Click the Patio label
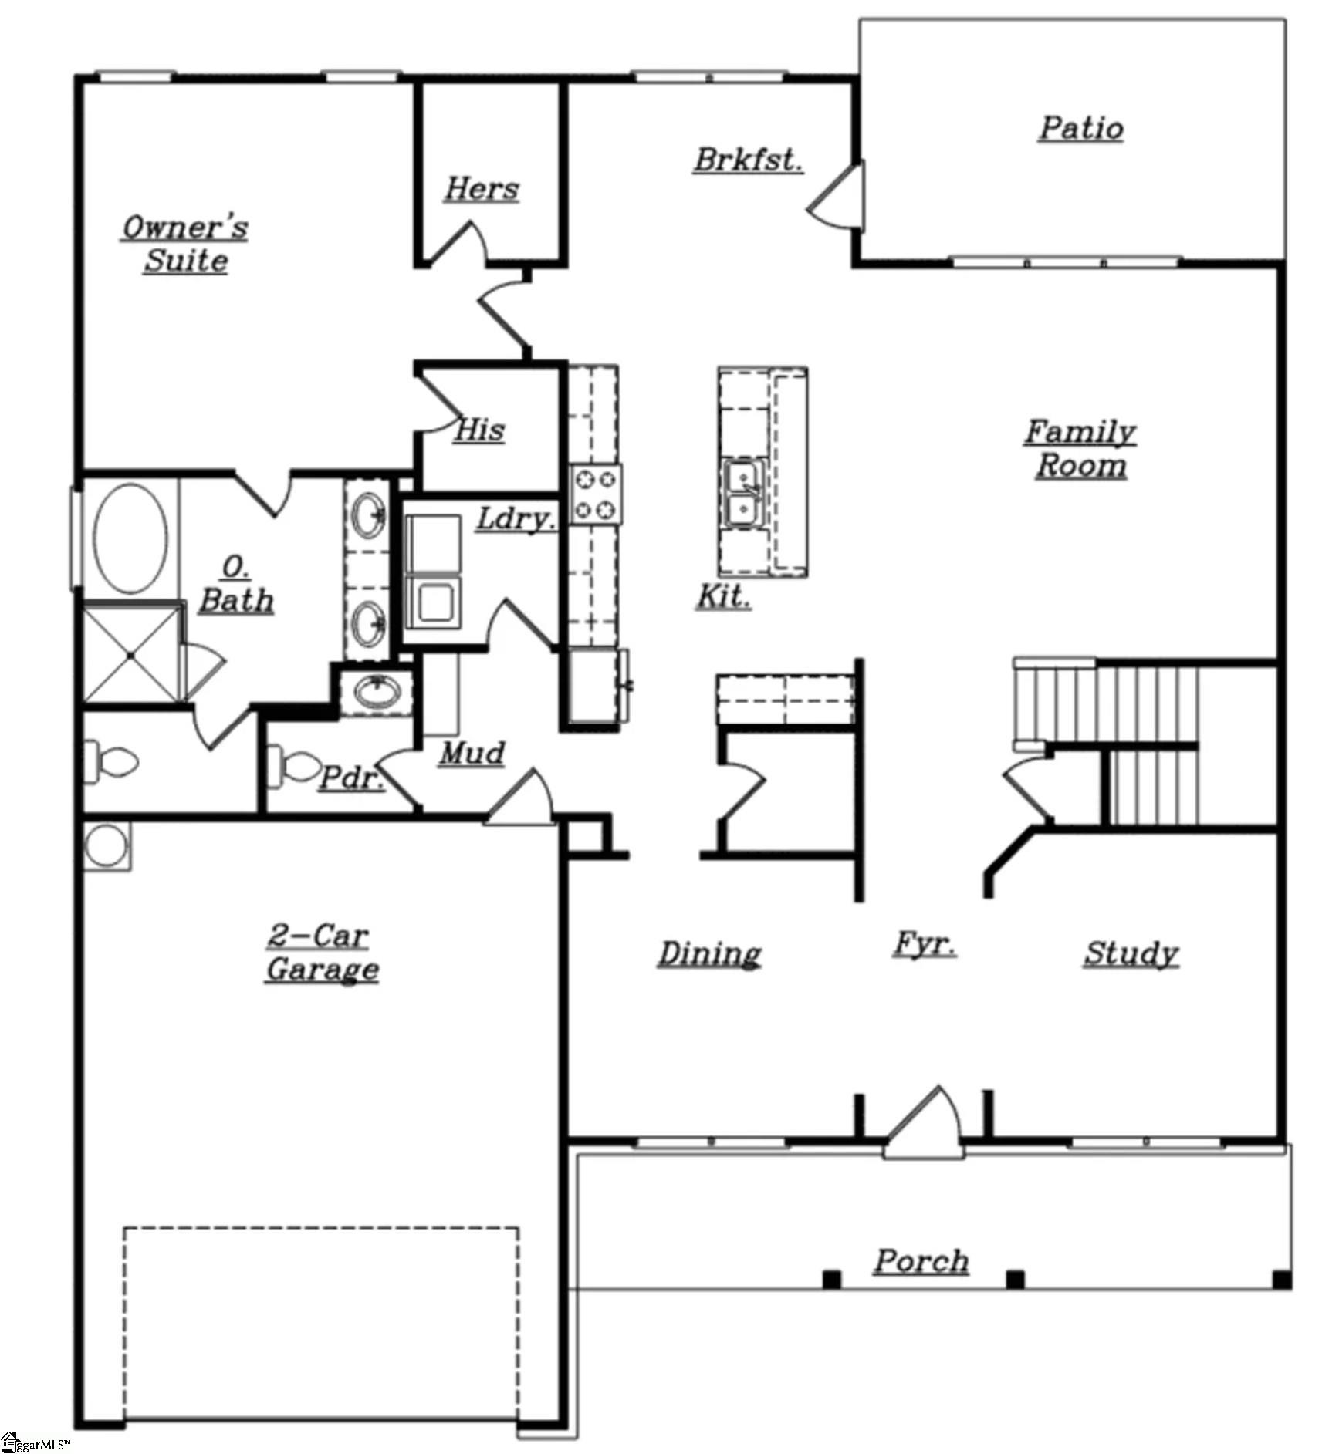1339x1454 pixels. coord(1080,128)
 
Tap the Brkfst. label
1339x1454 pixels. coord(747,160)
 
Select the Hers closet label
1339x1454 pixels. coord(482,189)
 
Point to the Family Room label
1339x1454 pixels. coord(1080,448)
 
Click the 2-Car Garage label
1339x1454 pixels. coord(321,953)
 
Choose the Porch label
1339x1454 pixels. coord(921,1261)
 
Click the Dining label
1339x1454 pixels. coord(709,953)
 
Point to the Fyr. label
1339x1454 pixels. coord(924,943)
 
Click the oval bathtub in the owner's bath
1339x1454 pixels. coord(130,538)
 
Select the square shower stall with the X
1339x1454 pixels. coord(131,655)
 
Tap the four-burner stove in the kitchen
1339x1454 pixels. coord(596,494)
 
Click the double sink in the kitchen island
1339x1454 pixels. coord(742,494)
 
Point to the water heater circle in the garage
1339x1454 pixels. coord(106,846)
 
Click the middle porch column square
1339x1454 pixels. coord(1016,1280)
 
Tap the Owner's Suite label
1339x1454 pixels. coord(185,244)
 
